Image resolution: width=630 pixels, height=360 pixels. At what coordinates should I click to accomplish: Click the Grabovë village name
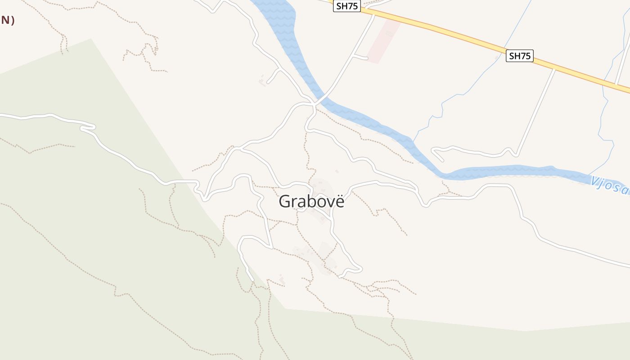311,201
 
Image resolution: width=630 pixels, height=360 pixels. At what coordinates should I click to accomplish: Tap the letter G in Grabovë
285,201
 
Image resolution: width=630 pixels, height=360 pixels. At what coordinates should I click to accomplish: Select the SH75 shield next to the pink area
347,6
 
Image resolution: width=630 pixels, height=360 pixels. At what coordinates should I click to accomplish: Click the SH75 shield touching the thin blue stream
519,56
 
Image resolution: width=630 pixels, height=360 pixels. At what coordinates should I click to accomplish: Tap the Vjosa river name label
610,186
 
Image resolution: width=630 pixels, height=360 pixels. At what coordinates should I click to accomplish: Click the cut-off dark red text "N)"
7,20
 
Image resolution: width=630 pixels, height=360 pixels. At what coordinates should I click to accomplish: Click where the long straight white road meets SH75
554,69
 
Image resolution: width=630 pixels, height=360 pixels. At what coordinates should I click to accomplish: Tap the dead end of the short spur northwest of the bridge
268,82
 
